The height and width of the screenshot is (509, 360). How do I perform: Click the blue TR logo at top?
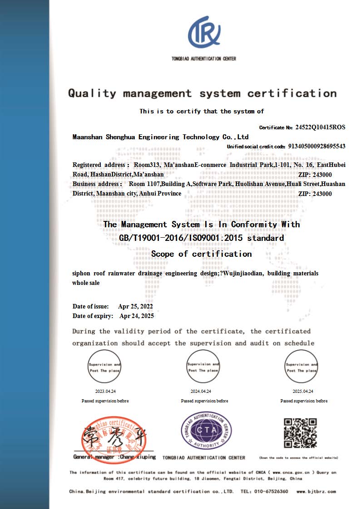204,33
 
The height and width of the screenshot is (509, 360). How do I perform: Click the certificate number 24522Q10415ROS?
320,127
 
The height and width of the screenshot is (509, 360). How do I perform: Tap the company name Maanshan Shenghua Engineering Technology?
160,137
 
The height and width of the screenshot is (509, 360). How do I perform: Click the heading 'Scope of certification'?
201,254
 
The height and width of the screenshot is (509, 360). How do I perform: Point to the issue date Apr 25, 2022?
135,306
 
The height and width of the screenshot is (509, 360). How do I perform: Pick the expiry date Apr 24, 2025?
137,316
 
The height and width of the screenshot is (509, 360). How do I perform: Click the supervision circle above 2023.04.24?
105,367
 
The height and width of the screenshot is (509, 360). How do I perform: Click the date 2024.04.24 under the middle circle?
201,391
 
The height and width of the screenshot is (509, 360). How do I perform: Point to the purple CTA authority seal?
207,430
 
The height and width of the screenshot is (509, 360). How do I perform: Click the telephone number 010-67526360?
271,491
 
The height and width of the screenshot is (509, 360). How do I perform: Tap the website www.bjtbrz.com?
316,491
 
